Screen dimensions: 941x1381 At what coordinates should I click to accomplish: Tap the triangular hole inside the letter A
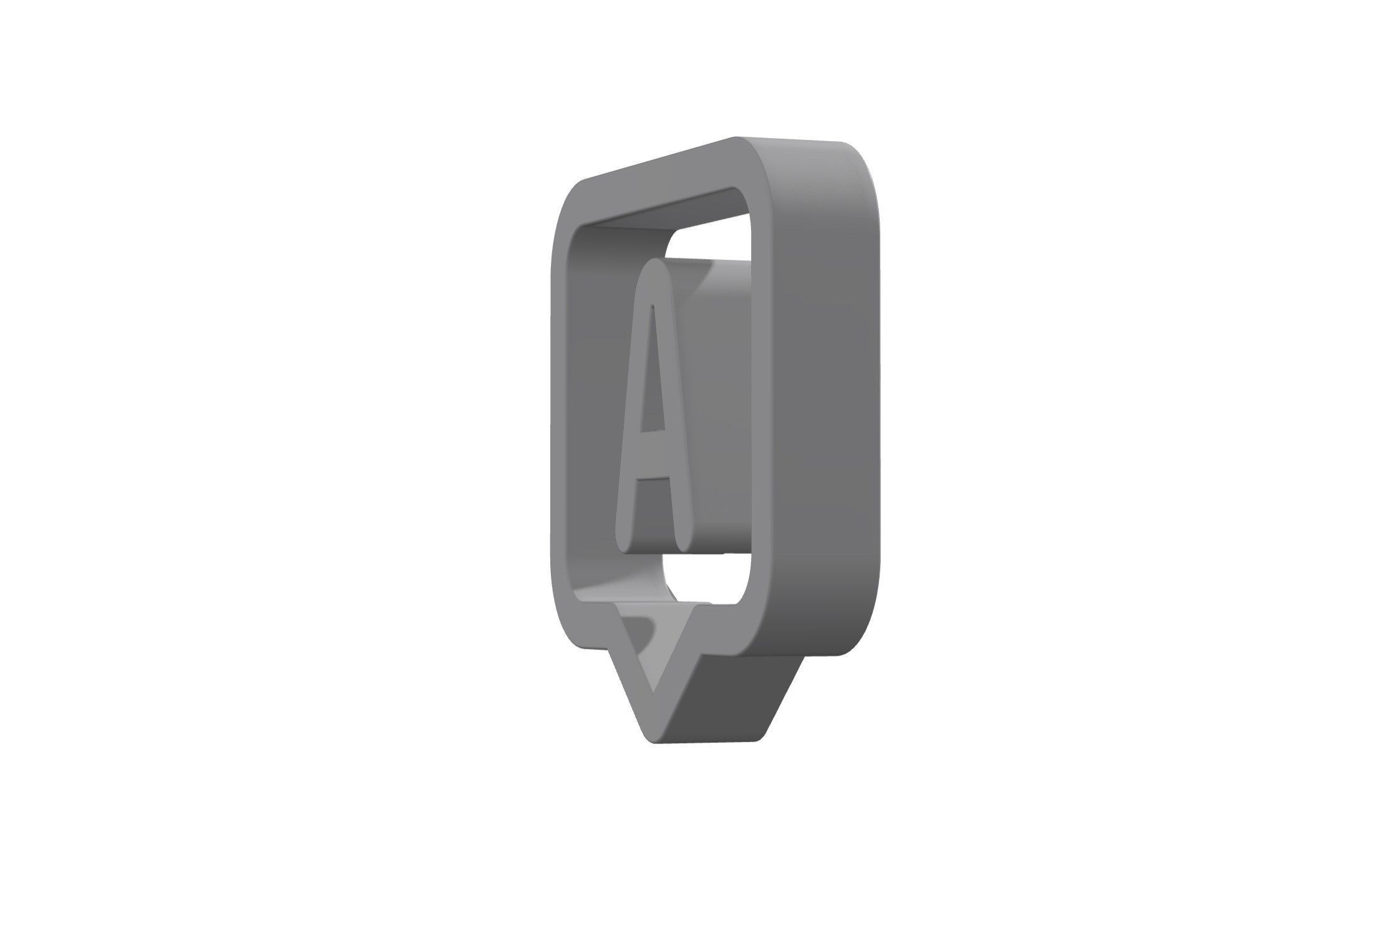click(x=652, y=370)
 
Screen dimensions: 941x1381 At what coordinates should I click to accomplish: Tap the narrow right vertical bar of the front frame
click(x=762, y=401)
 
